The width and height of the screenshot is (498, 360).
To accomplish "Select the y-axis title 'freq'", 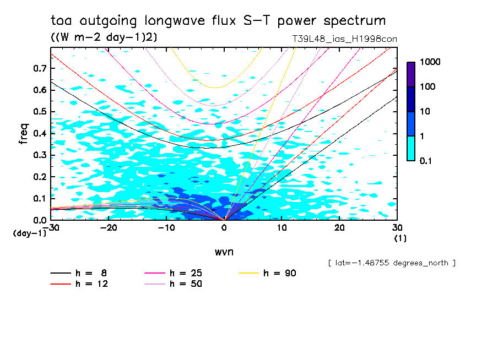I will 24,134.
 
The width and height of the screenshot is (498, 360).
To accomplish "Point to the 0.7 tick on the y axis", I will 39,68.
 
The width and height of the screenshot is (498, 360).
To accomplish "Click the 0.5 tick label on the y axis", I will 39,112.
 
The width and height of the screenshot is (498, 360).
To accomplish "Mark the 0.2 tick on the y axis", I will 39,177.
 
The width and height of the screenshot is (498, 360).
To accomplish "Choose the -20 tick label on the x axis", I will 109,228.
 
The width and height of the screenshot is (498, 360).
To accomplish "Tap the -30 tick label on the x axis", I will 51,228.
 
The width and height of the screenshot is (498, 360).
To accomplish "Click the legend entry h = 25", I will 186,272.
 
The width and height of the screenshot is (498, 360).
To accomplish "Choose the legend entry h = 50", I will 186,284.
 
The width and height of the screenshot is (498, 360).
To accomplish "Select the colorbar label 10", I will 424,112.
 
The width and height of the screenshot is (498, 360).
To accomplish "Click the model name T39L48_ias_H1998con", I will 344,39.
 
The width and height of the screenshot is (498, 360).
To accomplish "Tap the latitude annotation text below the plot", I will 392,263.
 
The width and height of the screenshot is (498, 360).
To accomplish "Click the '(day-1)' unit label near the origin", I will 29,233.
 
